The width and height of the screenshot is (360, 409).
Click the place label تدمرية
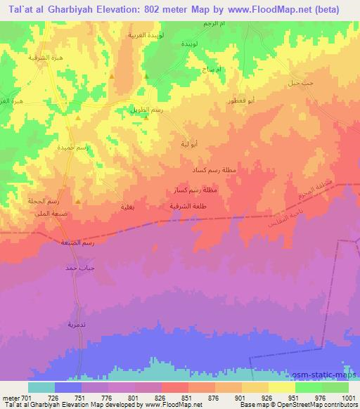[76, 325]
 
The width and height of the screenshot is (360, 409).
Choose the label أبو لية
[188, 143]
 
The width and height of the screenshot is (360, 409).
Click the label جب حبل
[297, 84]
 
